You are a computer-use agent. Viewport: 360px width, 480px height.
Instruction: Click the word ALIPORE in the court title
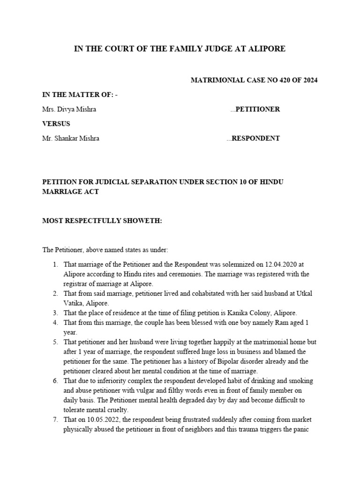point(267,49)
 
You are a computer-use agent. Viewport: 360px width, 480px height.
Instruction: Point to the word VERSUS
point(56,124)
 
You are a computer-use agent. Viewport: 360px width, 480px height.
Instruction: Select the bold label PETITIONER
point(257,109)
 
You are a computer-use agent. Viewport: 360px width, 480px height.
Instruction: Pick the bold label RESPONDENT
point(256,138)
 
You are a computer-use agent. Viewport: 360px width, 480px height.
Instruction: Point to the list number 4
point(55,323)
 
